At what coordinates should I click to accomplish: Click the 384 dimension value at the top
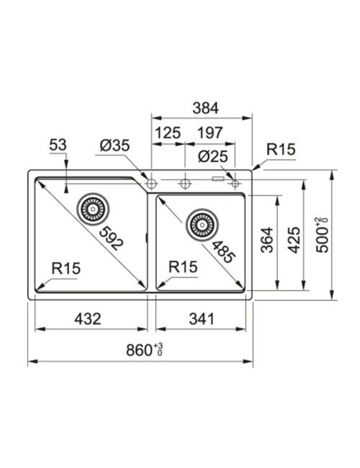pyautogui.click(x=205, y=108)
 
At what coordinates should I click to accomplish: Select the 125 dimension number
pyautogui.click(x=168, y=132)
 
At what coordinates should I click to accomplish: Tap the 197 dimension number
pyautogui.click(x=210, y=132)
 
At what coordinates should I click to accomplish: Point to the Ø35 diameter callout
pyautogui.click(x=115, y=145)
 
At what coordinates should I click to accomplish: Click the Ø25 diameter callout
pyautogui.click(x=213, y=157)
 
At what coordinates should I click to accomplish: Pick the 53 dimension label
pyautogui.click(x=58, y=145)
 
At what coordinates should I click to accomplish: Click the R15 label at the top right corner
pyautogui.click(x=281, y=150)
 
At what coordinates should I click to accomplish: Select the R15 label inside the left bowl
pyautogui.click(x=66, y=269)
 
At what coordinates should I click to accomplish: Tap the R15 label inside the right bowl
pyautogui.click(x=183, y=267)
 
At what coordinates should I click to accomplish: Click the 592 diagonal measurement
pyautogui.click(x=110, y=238)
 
